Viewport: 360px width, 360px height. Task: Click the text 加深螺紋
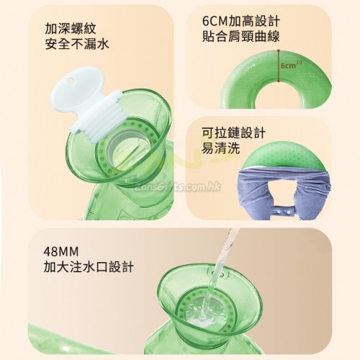[x=71, y=29]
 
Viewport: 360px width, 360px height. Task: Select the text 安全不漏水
[x=77, y=44]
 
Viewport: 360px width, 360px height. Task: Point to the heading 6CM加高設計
[x=240, y=22]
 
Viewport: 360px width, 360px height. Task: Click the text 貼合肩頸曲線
[x=240, y=37]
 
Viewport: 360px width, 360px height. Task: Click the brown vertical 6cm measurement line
[x=279, y=66]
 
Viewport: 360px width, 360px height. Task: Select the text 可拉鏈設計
[x=233, y=132]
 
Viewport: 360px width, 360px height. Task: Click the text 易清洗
[x=220, y=148]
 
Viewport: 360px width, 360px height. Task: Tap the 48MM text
[x=61, y=251]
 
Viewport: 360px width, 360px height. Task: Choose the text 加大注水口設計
[x=89, y=266]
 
